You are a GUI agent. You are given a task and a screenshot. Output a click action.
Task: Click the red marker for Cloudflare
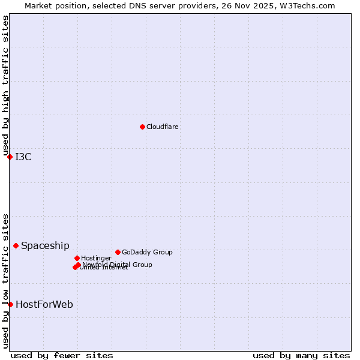[x=142, y=127]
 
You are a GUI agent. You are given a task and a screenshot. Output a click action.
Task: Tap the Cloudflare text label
[x=163, y=127]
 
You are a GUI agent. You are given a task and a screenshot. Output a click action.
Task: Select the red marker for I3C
[x=10, y=157]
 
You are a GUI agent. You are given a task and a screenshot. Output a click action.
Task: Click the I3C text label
[x=23, y=157]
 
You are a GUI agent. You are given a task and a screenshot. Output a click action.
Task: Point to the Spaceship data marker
[x=16, y=245]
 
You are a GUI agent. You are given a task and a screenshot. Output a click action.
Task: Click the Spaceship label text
[x=45, y=245]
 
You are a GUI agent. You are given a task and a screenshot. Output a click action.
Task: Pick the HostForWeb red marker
[x=10, y=304]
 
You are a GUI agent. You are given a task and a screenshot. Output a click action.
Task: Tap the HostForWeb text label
[x=44, y=305]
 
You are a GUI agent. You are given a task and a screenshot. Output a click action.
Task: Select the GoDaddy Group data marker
[x=118, y=252]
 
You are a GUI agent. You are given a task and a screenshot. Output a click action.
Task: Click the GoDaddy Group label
[x=147, y=252]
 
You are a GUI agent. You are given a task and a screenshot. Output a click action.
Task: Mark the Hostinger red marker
[x=77, y=258]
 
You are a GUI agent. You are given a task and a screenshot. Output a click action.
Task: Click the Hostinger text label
[x=96, y=258]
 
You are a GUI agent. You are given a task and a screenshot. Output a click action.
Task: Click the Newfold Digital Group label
[x=118, y=265]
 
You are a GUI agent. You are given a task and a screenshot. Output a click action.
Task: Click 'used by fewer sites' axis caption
[x=62, y=355]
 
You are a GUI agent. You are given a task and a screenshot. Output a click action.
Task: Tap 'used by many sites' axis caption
[x=301, y=355]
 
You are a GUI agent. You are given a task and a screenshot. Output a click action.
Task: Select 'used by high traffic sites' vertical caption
[x=5, y=86]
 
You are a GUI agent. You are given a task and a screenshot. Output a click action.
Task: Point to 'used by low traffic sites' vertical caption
[x=5, y=281]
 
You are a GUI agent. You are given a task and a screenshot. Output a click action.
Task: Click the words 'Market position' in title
[x=52, y=5]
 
